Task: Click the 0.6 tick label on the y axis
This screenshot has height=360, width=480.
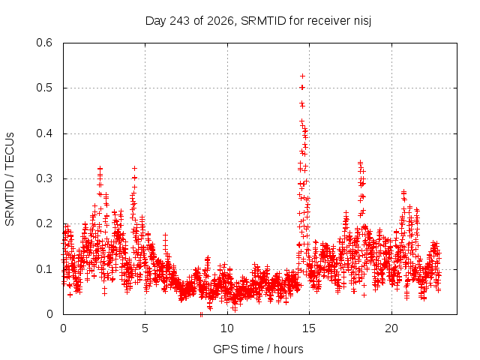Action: coord(44,43)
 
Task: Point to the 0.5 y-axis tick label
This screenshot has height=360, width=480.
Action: coord(44,88)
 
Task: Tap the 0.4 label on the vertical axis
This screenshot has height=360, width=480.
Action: coord(44,133)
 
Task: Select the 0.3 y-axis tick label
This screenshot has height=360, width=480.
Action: coord(44,178)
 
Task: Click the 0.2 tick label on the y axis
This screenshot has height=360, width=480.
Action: coord(44,223)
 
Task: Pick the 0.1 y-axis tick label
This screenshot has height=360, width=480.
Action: coord(44,269)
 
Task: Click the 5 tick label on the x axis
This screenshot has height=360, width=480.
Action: coord(145,328)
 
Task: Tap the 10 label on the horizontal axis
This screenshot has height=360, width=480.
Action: coord(227,328)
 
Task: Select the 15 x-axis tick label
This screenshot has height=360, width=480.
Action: coord(309,328)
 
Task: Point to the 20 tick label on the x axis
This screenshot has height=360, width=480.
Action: coord(391,328)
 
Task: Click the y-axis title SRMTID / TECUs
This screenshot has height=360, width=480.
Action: coord(10,179)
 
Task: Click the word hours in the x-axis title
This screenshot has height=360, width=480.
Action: coord(288,349)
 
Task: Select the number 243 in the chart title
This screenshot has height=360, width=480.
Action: coord(180,21)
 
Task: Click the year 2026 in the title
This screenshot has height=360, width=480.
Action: coord(220,21)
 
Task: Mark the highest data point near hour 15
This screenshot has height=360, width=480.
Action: coord(302,76)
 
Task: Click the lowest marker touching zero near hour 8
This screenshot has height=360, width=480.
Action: coord(201,314)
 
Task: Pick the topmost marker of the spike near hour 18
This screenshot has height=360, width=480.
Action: coord(360,162)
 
